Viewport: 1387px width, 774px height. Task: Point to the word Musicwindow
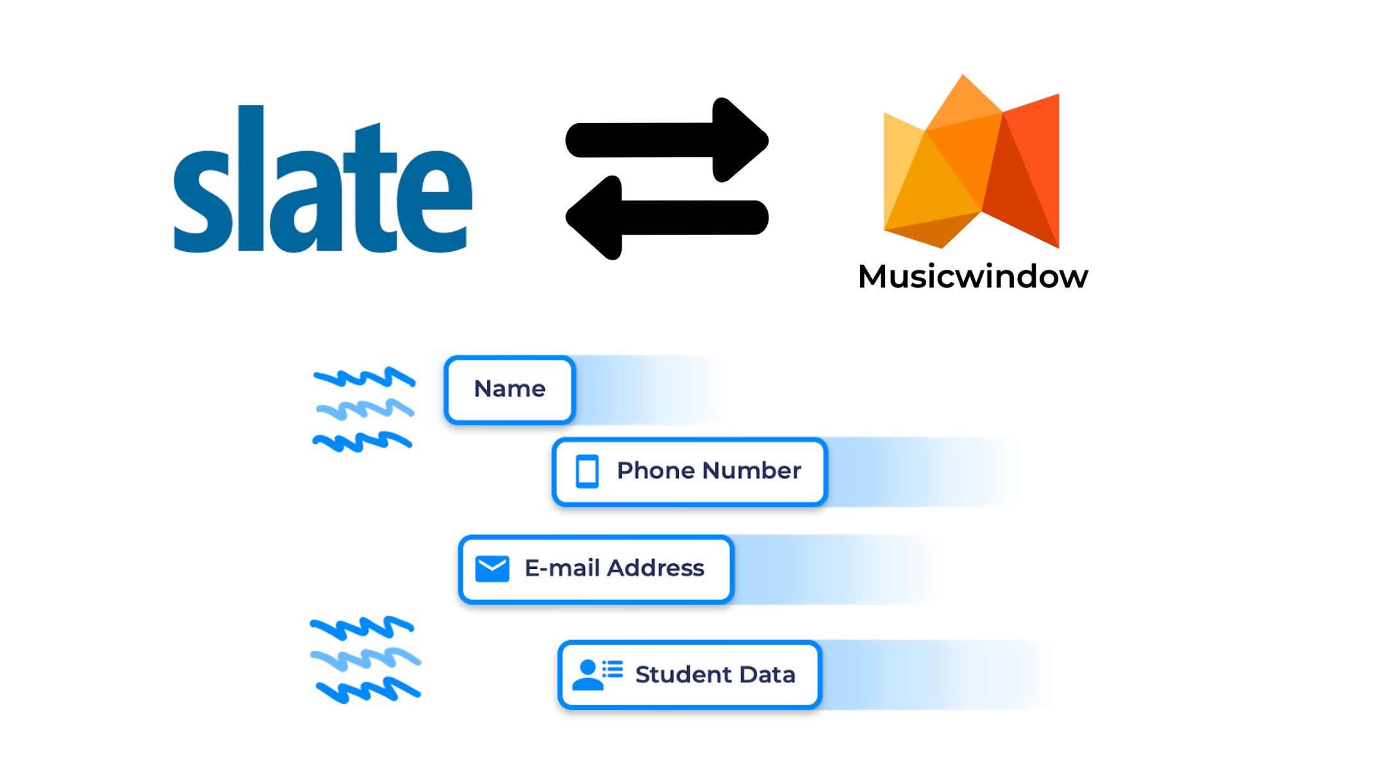point(972,277)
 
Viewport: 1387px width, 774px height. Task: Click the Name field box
point(510,389)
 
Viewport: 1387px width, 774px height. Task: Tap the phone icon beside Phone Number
point(587,472)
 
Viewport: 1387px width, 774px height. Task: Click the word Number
point(751,471)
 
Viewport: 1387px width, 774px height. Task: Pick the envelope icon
point(492,568)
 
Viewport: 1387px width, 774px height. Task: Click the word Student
point(683,675)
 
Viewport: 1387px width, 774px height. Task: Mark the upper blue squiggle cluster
point(364,409)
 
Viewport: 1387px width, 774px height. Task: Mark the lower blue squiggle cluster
point(365,660)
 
